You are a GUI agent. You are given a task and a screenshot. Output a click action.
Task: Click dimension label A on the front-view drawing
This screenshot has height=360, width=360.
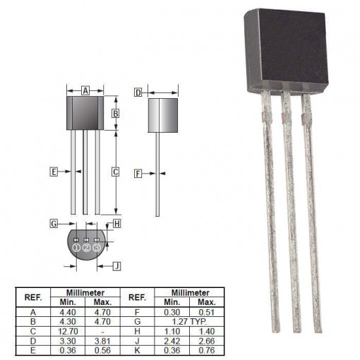[x=85, y=91]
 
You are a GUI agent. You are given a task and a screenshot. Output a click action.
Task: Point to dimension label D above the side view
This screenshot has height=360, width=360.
[x=138, y=92]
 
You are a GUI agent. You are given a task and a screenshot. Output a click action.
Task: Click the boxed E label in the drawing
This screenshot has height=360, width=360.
[x=53, y=172]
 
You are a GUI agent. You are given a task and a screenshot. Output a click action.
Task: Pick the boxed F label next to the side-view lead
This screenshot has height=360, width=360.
[x=138, y=172]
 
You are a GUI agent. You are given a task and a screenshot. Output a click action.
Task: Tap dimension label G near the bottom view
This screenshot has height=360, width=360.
[x=53, y=224]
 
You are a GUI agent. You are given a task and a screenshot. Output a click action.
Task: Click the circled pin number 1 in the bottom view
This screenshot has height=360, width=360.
[x=76, y=247]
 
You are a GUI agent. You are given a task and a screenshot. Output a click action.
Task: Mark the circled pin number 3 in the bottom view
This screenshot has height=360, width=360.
[x=97, y=247]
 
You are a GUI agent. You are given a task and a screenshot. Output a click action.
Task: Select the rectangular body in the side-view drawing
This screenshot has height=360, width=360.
[x=162, y=114]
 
